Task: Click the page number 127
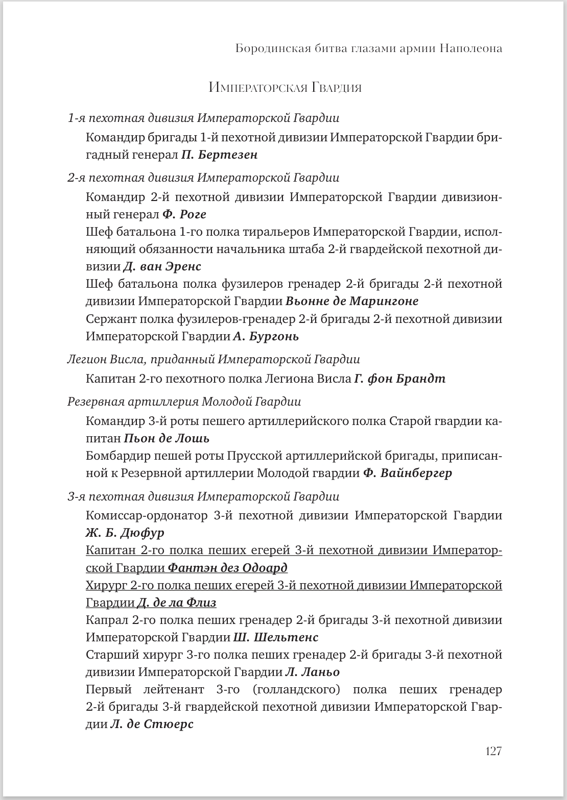(493, 751)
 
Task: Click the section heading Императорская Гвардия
(285, 88)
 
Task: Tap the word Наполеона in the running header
(470, 48)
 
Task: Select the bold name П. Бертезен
(220, 155)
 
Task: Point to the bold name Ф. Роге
(184, 215)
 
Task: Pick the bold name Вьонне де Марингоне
(352, 302)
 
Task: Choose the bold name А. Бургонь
(266, 337)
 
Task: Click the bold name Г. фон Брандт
(399, 379)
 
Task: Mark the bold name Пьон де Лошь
(167, 439)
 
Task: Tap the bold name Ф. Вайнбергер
(408, 473)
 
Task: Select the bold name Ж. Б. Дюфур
(125, 533)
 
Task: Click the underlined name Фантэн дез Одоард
(228, 568)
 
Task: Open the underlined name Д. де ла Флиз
(177, 603)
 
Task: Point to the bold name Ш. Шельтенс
(276, 638)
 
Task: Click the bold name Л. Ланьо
(313, 672)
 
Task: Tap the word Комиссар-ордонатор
(147, 515)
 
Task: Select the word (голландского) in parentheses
(296, 690)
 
